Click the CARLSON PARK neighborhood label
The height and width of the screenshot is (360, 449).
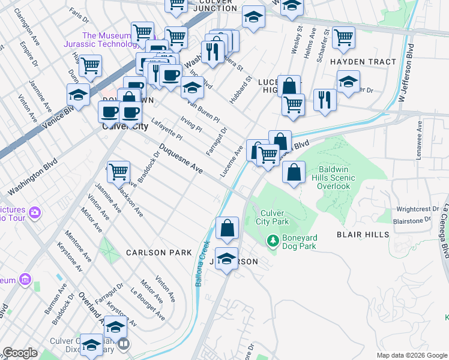158,253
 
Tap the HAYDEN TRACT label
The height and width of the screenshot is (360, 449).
363,62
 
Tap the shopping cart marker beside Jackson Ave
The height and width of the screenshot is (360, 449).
119,172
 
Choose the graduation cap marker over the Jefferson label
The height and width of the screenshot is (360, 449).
227,259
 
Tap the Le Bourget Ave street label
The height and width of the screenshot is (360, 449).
148,306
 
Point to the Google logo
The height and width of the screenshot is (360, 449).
20,353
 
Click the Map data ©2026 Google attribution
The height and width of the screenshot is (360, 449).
411,355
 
